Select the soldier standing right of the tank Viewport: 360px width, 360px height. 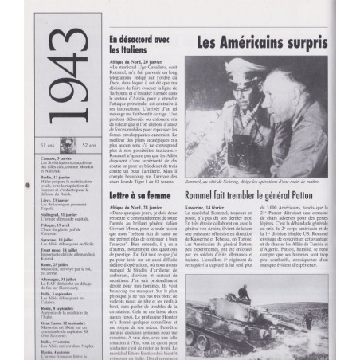pyautogui.click(x=309, y=319)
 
